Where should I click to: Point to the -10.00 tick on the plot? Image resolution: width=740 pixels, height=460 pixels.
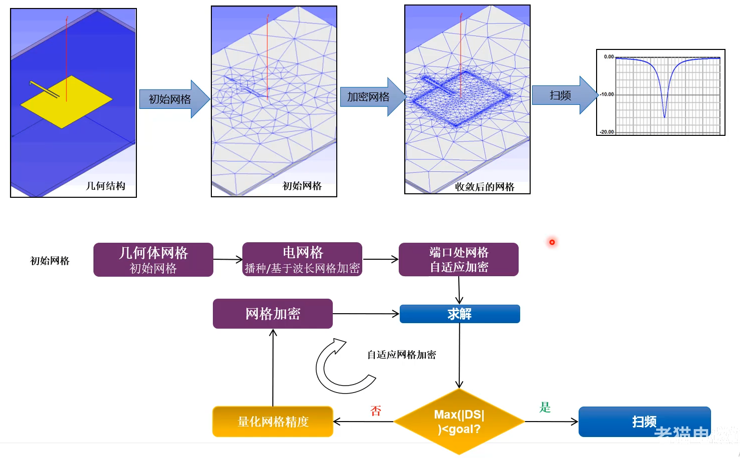(607, 94)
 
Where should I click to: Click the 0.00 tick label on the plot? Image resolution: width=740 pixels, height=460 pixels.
(609, 57)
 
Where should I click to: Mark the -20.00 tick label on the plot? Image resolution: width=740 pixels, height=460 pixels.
(607, 132)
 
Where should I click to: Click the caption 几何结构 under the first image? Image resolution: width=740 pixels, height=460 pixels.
(105, 186)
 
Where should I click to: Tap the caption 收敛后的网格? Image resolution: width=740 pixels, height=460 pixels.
(484, 187)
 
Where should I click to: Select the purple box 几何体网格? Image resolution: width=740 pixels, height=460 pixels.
(153, 260)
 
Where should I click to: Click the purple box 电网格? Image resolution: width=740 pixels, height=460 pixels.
(302, 260)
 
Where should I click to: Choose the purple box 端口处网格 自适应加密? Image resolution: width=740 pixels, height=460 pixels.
(459, 260)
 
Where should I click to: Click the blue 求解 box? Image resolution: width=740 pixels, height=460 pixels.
(460, 314)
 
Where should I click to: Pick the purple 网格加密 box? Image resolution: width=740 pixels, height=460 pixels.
(273, 314)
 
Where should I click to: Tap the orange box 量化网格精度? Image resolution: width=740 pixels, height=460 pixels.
(273, 422)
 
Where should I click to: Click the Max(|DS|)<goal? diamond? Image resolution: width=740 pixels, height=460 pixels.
(459, 422)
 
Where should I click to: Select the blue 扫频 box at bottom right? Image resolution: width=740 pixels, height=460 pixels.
(644, 422)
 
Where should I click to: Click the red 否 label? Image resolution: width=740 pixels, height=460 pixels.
(376, 411)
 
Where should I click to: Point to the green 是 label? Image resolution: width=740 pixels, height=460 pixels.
(545, 408)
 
